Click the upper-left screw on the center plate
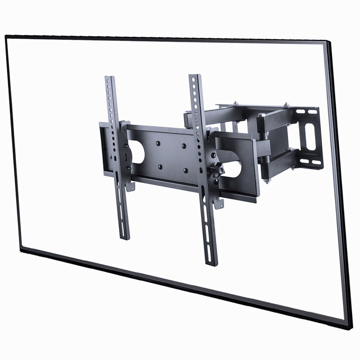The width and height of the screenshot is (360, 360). (158, 143)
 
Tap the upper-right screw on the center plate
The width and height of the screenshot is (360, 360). (184, 146)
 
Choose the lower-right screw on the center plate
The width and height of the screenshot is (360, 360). (185, 171)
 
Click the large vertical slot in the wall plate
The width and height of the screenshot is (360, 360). (309, 136)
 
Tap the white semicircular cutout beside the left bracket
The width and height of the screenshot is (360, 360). (137, 153)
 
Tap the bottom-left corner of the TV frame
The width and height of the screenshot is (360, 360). (20, 248)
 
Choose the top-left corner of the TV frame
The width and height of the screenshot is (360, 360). (6, 36)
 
